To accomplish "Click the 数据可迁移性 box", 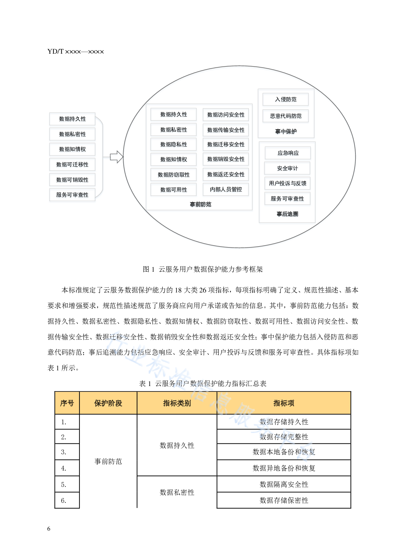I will point(72,165).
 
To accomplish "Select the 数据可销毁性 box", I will point(72,180).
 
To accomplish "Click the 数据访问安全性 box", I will point(226,115).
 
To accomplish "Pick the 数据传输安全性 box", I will point(226,130).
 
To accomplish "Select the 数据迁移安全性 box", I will point(226,145).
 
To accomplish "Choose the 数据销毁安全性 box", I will point(226,160).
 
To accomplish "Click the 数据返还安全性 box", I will point(226,175).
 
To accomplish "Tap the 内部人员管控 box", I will point(226,190).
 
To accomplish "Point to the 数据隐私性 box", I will point(174,145).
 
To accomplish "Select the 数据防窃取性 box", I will point(174,175).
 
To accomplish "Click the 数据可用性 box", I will point(174,190).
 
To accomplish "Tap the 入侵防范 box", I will point(286,100).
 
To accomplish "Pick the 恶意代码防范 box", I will point(286,116).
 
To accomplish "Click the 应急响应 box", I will point(288,154).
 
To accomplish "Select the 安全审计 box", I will point(287,169).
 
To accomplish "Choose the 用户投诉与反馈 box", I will point(287,184).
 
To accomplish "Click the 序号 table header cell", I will point(67,403).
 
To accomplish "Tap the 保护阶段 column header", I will point(108,403).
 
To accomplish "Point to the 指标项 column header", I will point(284,403).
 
